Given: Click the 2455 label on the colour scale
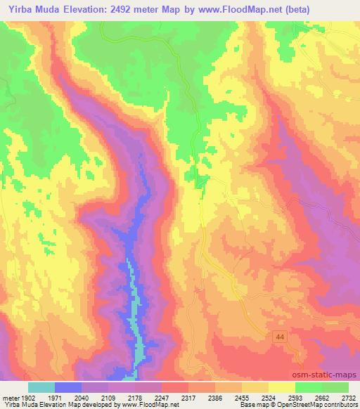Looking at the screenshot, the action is (x=242, y=397).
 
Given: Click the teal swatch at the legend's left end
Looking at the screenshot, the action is (x=41, y=387).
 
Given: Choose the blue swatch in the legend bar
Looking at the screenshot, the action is (x=68, y=387).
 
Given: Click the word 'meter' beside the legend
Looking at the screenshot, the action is (x=9, y=397).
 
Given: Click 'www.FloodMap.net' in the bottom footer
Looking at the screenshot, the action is (x=148, y=405).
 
